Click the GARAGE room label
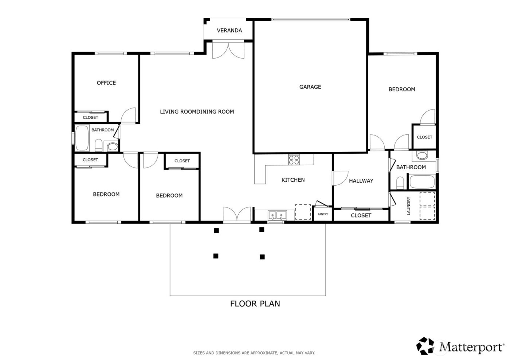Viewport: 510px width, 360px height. pos(310,87)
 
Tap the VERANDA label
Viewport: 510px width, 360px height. pos(229,31)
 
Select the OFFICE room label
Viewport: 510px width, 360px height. pos(106,83)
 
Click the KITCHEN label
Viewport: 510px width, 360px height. pos(293,180)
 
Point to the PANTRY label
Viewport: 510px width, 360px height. pos(323,214)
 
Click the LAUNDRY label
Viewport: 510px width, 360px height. pos(409,206)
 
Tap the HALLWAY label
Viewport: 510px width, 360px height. pos(361,181)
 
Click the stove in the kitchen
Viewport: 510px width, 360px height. pos(294,159)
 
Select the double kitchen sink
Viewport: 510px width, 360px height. pos(276,215)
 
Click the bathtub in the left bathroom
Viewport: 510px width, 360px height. pos(82,138)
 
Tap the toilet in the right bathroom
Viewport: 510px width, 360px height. pos(400,183)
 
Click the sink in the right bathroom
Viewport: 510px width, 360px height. pos(422,156)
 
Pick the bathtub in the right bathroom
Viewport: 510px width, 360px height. pos(422,182)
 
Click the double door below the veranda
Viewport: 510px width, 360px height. pos(228,50)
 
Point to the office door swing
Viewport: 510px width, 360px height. pos(129,115)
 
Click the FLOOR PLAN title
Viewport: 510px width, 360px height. pos(255,303)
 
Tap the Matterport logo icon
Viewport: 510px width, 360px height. pos(425,346)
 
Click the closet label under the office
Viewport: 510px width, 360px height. pos(90,118)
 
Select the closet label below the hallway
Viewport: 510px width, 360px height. pos(361,215)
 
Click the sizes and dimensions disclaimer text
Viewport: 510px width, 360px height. pos(254,353)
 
